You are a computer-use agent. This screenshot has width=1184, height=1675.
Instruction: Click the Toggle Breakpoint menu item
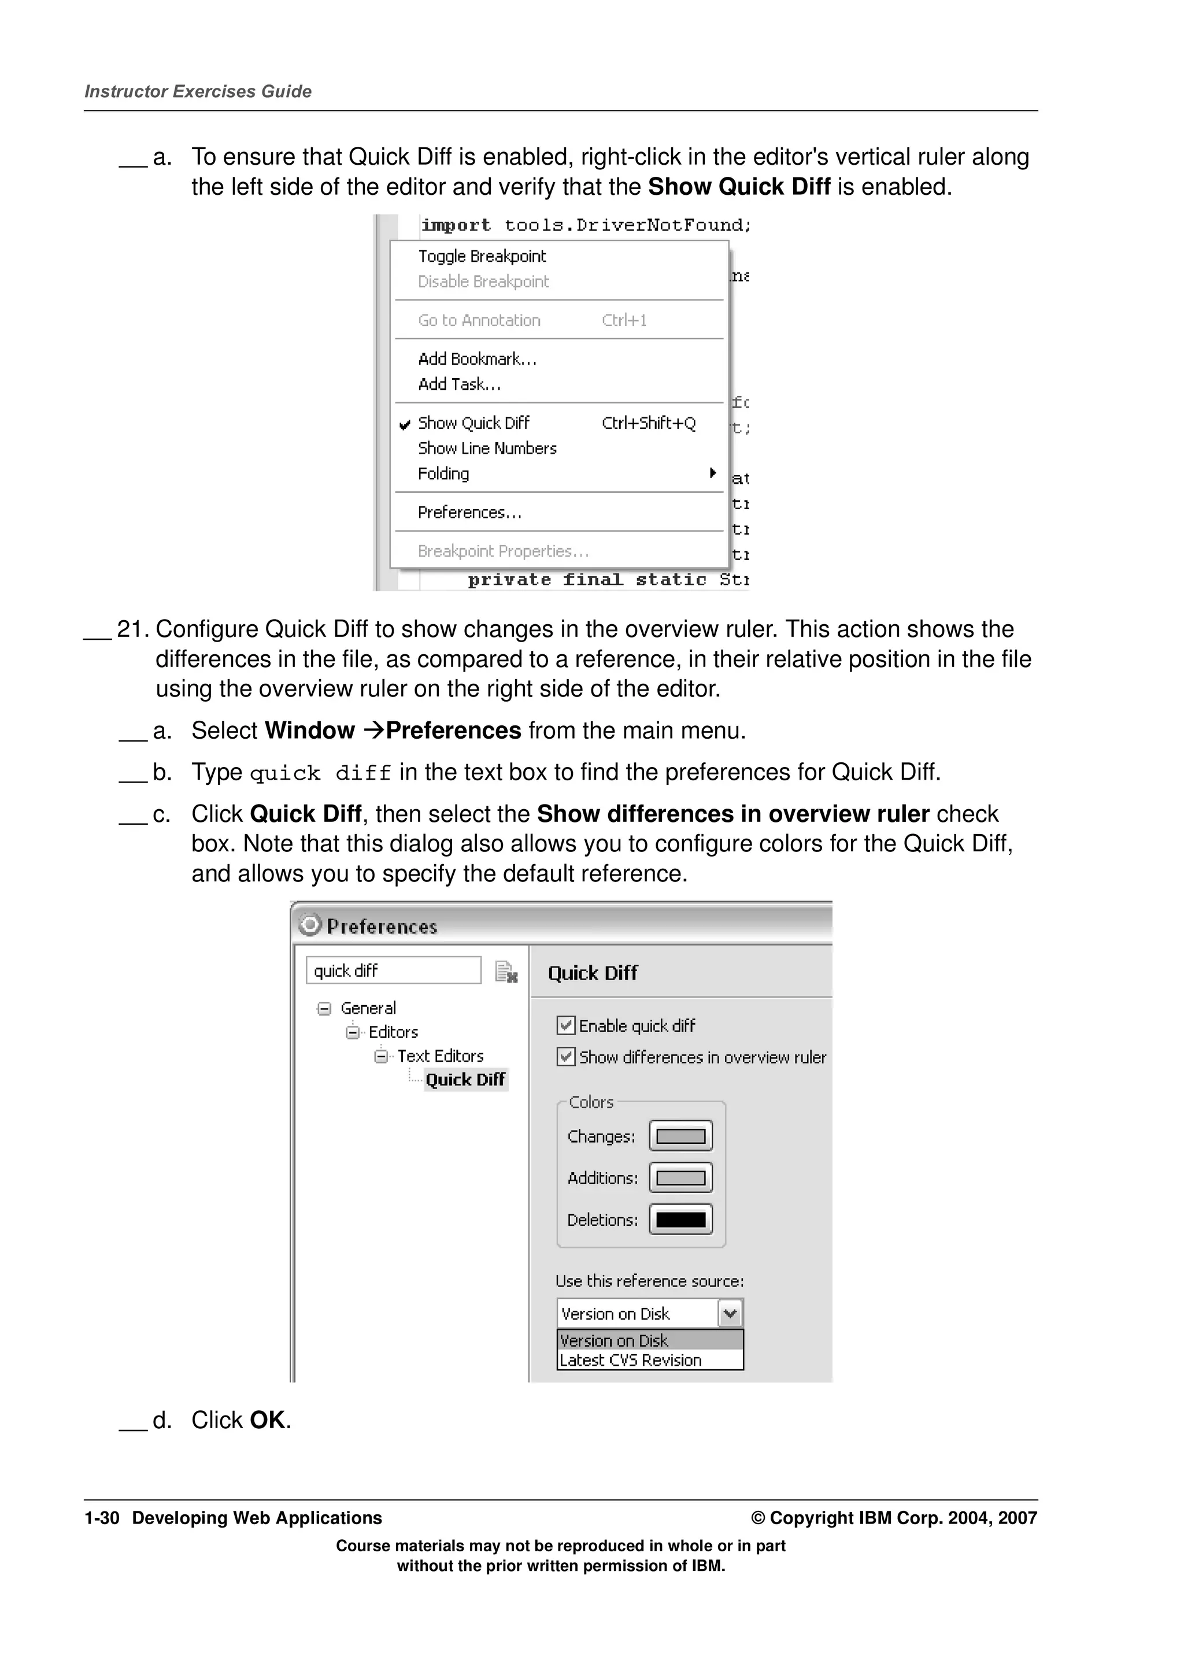pos(482,256)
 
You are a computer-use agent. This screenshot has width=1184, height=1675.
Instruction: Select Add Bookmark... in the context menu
pos(477,359)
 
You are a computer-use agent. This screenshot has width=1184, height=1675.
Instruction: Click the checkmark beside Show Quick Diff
pos(405,424)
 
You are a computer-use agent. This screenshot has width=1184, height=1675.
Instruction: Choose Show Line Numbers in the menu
pos(487,449)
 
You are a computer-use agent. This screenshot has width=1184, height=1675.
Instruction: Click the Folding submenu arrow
pos(713,473)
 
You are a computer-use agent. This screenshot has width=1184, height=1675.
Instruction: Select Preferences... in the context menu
pos(469,512)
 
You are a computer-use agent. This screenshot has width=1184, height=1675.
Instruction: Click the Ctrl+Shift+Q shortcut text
pos(648,423)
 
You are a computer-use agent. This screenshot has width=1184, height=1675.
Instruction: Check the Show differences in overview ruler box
pos(565,1057)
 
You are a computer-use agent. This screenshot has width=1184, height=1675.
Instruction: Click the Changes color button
pos(680,1136)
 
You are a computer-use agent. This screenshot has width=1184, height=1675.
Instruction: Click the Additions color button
pos(680,1177)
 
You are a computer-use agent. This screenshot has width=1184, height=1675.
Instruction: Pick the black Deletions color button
pos(680,1219)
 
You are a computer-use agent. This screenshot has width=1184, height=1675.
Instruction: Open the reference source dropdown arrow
pos(730,1314)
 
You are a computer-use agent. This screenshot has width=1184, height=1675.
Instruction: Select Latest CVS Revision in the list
pos(630,1360)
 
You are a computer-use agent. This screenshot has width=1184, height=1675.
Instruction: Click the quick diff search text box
pos(393,970)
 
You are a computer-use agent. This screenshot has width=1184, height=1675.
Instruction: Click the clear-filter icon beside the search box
pos(505,972)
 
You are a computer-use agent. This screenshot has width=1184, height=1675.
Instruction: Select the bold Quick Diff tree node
pos(465,1080)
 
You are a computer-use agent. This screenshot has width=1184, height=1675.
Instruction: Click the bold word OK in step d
pos(267,1420)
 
